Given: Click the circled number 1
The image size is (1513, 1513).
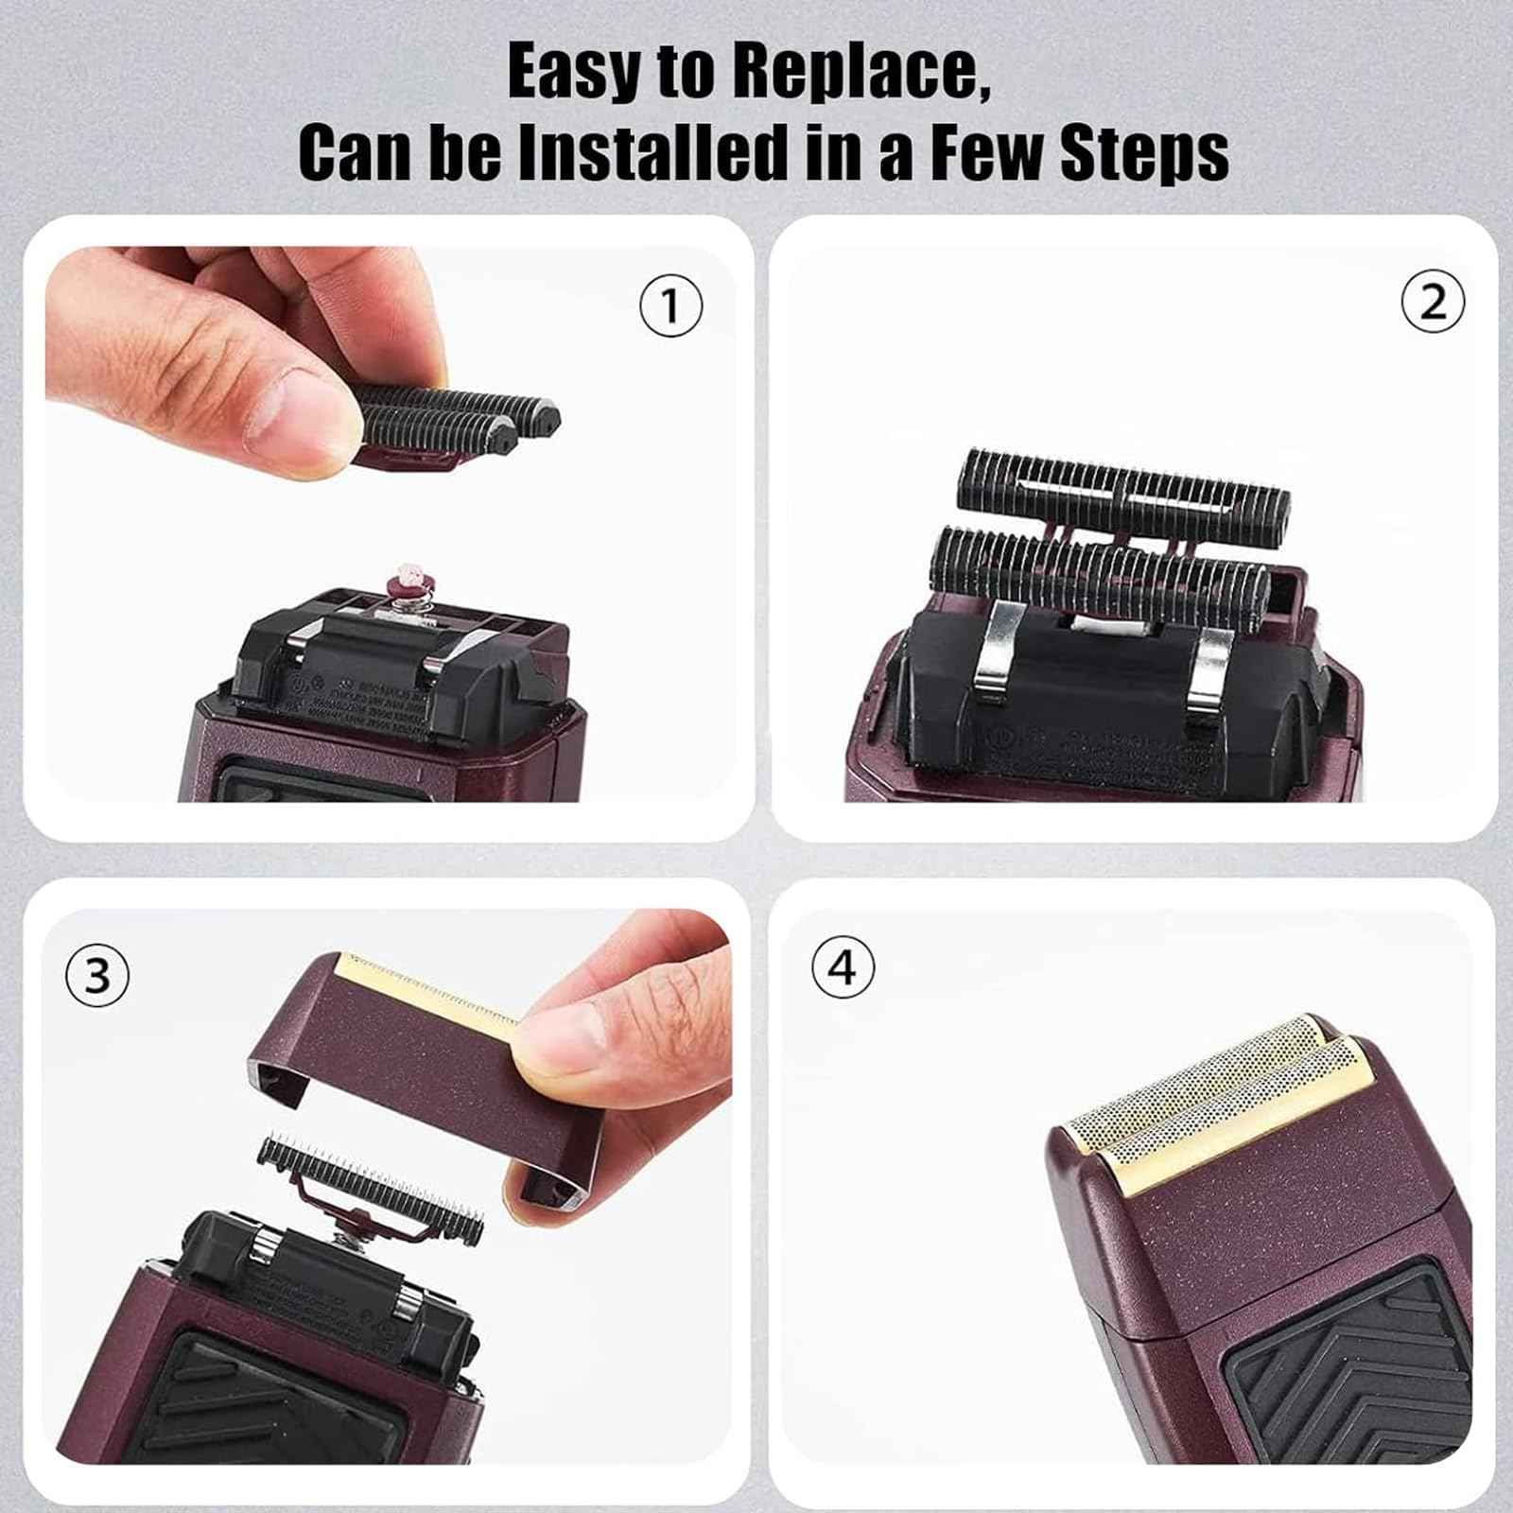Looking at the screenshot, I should (x=670, y=306).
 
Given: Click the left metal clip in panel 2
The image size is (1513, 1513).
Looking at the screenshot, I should (x=992, y=653).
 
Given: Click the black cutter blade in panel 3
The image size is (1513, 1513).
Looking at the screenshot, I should (x=369, y=1182).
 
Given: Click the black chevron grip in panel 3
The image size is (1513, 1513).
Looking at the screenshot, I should (x=284, y=1400).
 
